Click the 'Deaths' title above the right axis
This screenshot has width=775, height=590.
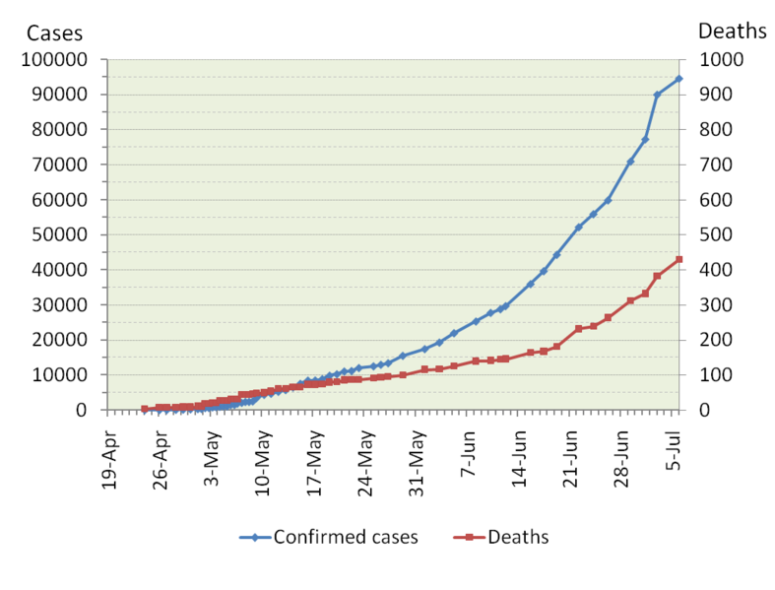click(x=732, y=32)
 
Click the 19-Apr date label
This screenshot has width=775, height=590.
click(x=112, y=463)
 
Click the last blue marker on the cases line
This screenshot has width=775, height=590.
click(x=678, y=79)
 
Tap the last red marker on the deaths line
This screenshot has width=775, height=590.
click(x=678, y=260)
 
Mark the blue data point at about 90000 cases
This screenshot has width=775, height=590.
click(x=657, y=95)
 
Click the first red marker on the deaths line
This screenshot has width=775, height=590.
click(x=145, y=409)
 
